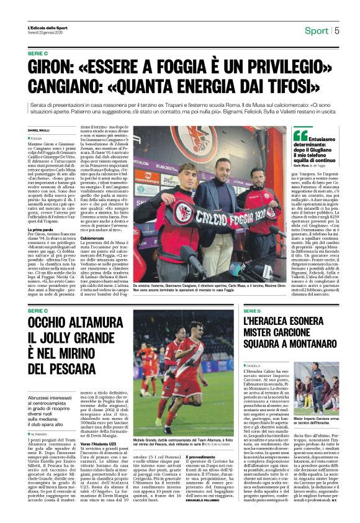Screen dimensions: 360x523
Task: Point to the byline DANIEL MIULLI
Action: point(38,129)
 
